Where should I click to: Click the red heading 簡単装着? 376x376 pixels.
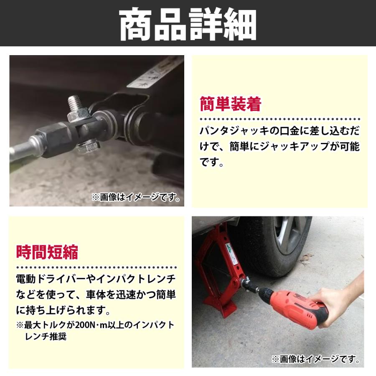230,104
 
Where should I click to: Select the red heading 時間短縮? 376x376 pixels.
47,252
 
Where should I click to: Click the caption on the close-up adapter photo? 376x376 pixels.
136,197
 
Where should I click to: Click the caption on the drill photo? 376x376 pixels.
316,359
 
